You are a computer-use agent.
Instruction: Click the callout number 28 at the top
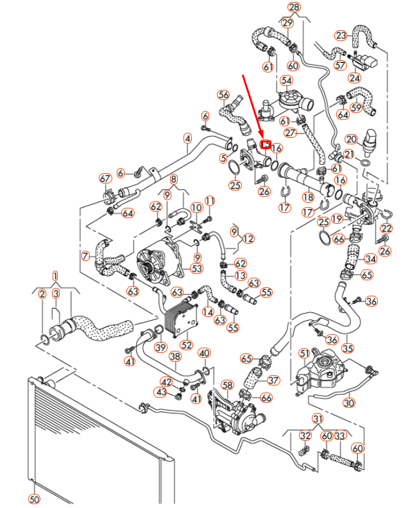tap(294, 8)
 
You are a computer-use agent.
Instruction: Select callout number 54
tap(286, 80)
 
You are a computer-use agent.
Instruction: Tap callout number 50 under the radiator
tap(35, 498)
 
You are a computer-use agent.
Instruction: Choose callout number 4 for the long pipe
tap(187, 138)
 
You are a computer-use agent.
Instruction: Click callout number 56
tap(223, 95)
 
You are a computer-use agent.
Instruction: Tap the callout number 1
tap(55, 276)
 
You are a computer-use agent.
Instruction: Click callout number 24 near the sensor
tap(355, 78)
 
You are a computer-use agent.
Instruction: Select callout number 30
tap(348, 403)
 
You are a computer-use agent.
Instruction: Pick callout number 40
tap(204, 353)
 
